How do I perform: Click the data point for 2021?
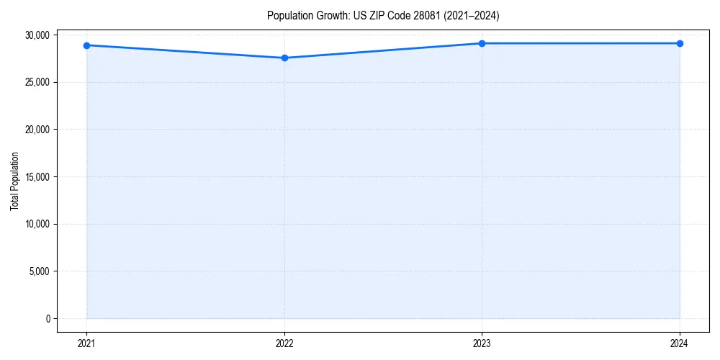86,45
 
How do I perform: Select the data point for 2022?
284,58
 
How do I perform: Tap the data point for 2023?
482,43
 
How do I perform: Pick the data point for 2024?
680,43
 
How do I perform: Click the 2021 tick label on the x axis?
86,343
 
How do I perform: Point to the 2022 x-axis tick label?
284,343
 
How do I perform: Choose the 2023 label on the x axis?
482,343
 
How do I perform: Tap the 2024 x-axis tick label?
680,343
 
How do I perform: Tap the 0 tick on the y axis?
48,319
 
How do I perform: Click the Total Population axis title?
15,181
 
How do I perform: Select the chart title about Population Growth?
382,15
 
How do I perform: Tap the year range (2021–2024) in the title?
472,15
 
